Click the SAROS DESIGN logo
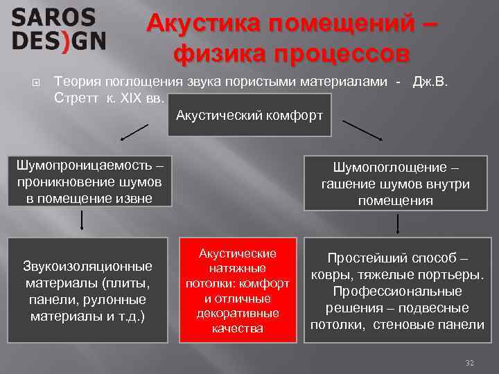[58, 30]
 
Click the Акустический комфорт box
[249, 115]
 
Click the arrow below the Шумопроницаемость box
[83, 220]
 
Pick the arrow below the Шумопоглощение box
[396, 224]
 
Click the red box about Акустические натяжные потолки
[237, 290]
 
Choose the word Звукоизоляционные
[87, 266]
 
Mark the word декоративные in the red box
[237, 313]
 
